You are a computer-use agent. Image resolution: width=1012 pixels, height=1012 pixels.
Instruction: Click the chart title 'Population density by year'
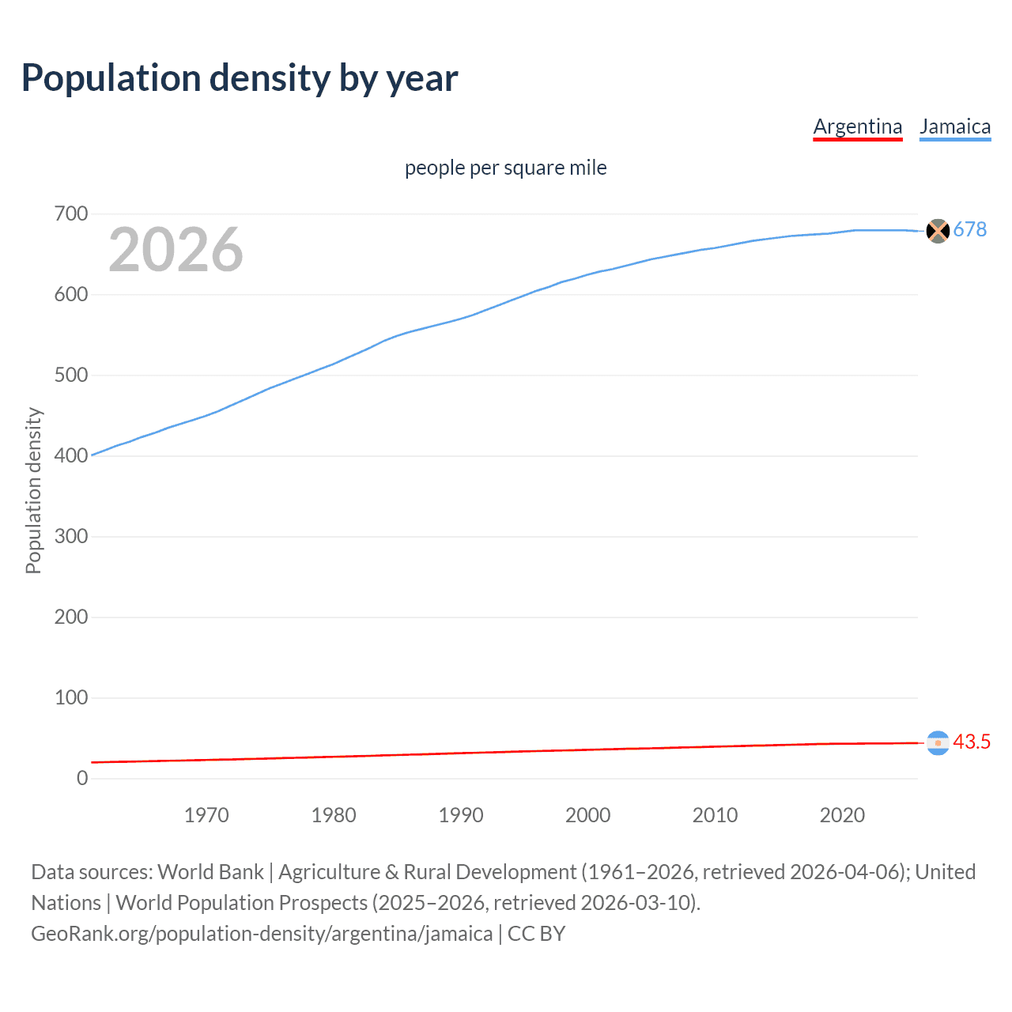pos(240,78)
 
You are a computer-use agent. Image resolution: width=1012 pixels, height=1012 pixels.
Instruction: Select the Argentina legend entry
pos(857,126)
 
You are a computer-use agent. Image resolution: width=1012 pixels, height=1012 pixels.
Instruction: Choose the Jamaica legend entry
pos(954,126)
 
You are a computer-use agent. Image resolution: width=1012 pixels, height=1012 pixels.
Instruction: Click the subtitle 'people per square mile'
pos(505,168)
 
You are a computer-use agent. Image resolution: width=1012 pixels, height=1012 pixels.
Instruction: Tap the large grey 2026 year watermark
pos(176,250)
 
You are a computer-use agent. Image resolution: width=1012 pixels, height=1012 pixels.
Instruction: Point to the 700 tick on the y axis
pos(71,214)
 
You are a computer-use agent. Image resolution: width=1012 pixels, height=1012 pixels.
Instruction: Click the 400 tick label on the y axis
pos(71,456)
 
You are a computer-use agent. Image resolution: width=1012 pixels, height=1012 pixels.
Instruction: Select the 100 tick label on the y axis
pos(71,698)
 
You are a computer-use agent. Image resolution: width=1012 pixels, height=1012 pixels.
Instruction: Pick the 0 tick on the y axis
pos(82,779)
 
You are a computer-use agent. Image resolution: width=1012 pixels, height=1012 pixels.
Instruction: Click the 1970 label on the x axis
pos(206,815)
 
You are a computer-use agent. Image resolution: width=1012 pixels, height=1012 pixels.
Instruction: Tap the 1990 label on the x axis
pos(461,815)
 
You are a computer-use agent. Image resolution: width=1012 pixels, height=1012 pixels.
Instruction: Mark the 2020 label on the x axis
pos(842,815)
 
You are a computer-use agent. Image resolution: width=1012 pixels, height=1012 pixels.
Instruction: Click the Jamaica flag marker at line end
pos(937,231)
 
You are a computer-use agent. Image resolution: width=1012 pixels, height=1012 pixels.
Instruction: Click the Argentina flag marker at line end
pos(937,743)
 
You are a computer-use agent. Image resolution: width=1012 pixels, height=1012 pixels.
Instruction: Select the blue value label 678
pos(969,229)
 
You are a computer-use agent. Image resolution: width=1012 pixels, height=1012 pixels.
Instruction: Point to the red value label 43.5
pos(971,742)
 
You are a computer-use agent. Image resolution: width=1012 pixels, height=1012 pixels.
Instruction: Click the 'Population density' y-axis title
pos(33,490)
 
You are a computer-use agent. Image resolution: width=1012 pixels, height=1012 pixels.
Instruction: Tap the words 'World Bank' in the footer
pos(210,872)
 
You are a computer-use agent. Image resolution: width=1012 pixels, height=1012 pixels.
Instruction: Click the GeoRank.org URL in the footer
pos(262,934)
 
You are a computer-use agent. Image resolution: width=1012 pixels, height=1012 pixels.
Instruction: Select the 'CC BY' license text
pos(536,934)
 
